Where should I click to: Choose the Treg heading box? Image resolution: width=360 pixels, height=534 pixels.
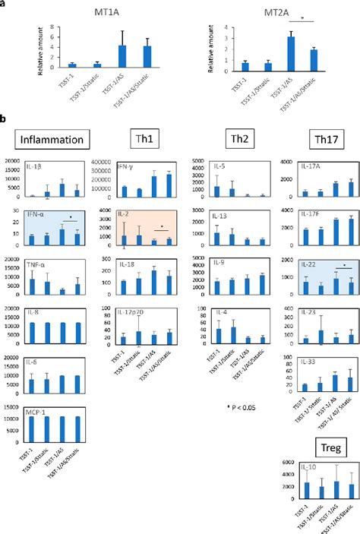click(319, 443)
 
